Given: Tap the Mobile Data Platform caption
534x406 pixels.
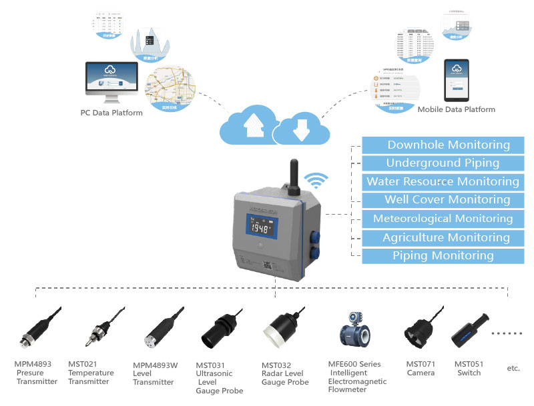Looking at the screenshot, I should (x=456, y=109).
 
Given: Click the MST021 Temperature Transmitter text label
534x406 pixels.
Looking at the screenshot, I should (x=91, y=373).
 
